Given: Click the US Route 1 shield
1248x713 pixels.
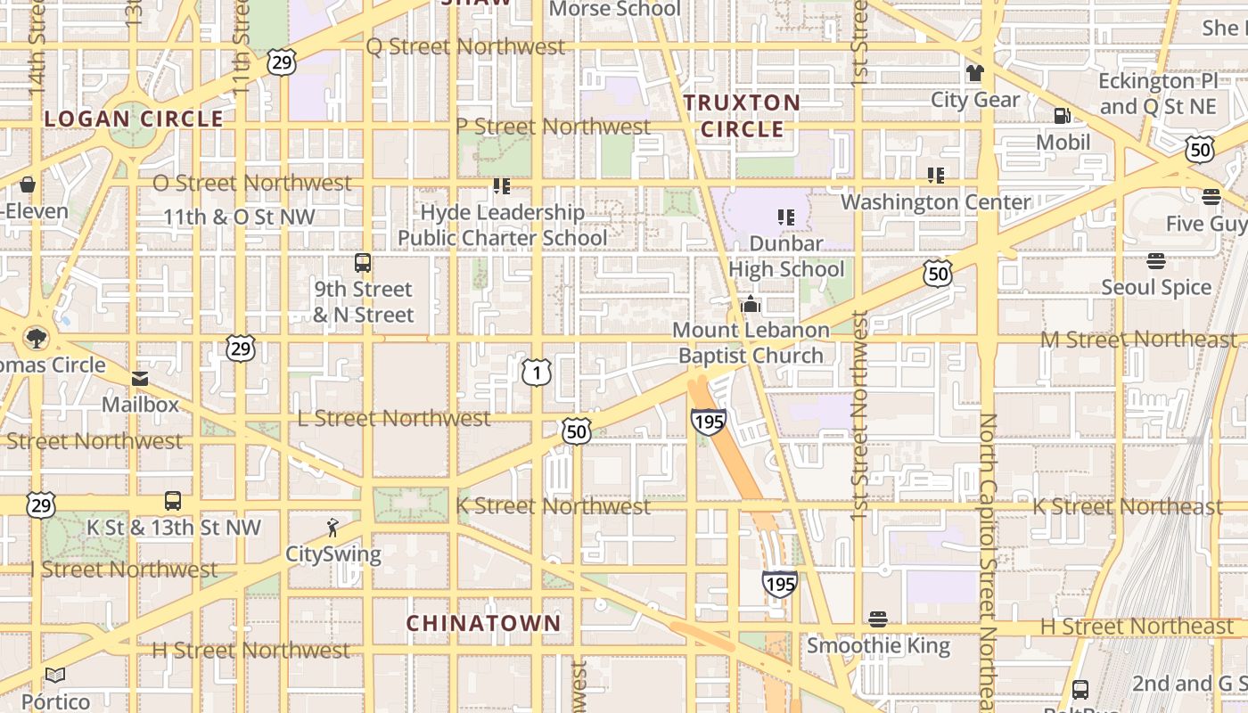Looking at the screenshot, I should tap(536, 371).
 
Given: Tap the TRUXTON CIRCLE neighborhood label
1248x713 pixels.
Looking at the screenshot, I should tap(742, 116).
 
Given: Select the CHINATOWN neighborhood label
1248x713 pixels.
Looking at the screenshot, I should tap(484, 623).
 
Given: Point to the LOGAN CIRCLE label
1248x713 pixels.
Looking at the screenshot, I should tap(134, 119).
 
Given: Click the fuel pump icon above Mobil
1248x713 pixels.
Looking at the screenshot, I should tap(1062, 115).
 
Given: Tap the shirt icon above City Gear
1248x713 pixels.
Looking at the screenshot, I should tap(974, 73).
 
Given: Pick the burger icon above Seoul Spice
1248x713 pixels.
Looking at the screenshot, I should tap(1156, 261).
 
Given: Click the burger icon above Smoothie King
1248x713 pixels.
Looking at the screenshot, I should tap(878, 619).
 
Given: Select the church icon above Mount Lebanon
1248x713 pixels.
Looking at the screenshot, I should tap(751, 304).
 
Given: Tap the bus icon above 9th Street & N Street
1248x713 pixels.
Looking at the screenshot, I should tap(363, 263).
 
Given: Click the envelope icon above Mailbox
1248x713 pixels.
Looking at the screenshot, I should tap(140, 379).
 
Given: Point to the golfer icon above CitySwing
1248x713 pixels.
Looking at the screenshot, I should tap(333, 528).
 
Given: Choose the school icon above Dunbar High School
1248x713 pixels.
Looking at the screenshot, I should tap(785, 217).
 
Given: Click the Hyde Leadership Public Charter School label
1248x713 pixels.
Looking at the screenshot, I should tap(503, 225).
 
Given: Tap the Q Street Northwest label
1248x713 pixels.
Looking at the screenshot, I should tap(465, 46).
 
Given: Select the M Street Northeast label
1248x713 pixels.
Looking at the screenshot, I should tap(1138, 340).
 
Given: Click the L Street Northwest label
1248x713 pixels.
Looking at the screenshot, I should tap(393, 418).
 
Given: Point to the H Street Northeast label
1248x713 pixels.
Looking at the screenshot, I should tap(1137, 627).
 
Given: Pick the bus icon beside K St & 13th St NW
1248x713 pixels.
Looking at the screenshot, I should tap(173, 501).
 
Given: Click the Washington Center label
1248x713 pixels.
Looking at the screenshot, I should tap(935, 202).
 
